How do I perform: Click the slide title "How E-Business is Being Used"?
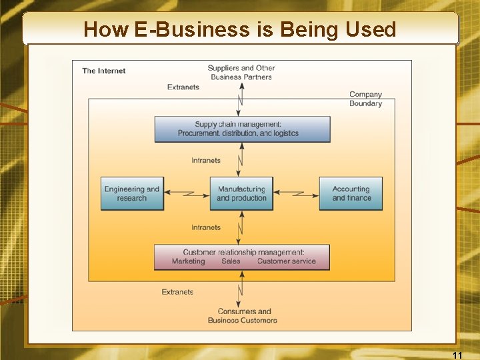point(240,29)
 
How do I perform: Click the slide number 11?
point(457,355)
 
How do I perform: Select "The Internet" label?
point(104,71)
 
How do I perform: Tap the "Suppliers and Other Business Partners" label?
point(241,72)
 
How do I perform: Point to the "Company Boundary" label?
point(365,99)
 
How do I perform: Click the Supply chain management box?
point(242,129)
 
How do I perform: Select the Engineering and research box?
point(132,193)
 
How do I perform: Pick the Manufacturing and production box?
point(241,193)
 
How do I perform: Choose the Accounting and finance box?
point(351,193)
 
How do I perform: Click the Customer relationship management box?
point(242,257)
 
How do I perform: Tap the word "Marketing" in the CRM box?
point(189,261)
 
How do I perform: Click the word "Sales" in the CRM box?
point(231,261)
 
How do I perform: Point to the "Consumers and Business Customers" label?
point(242,315)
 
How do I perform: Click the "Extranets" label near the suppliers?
point(183,87)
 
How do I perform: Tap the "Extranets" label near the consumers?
point(177,292)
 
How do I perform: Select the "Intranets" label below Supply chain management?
point(206,161)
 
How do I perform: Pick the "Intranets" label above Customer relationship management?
point(206,228)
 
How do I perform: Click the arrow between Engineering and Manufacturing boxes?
point(187,193)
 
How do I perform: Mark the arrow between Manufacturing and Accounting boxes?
point(296,193)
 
